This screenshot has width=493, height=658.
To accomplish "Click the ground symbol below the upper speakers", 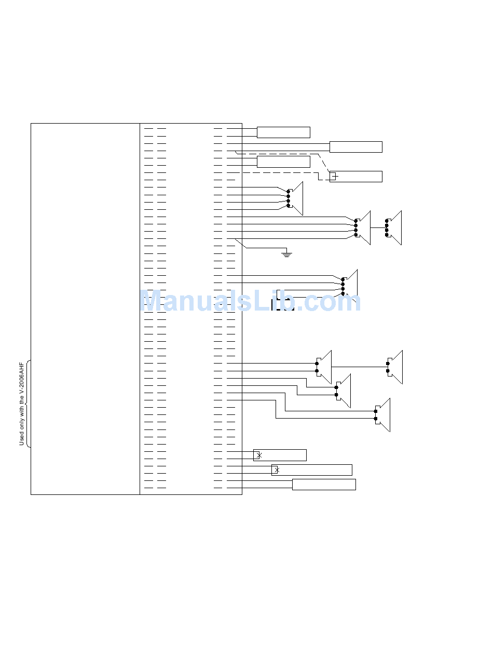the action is [x=286, y=254].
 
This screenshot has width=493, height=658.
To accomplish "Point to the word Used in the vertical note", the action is [x=22, y=438].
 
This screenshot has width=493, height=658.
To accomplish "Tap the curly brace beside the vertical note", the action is [x=28, y=404].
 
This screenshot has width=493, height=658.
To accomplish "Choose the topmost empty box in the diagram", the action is [x=283, y=132].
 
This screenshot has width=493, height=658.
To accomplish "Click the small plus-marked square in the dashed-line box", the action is [x=334, y=177].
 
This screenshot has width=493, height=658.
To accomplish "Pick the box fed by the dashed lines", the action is [x=356, y=177].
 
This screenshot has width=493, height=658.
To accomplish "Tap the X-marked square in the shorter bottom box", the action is [x=257, y=455].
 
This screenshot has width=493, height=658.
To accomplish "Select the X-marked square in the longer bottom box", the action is [x=276, y=470].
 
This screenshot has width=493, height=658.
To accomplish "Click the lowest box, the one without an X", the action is [x=324, y=485].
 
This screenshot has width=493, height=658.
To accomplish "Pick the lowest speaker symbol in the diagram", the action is [x=382, y=415].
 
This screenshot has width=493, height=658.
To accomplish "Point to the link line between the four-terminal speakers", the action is [x=378, y=227].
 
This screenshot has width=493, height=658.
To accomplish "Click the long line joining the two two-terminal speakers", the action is [x=359, y=367].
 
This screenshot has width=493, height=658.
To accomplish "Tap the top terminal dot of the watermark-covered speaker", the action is [x=343, y=279].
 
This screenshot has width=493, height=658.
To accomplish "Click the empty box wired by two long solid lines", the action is [x=356, y=147].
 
